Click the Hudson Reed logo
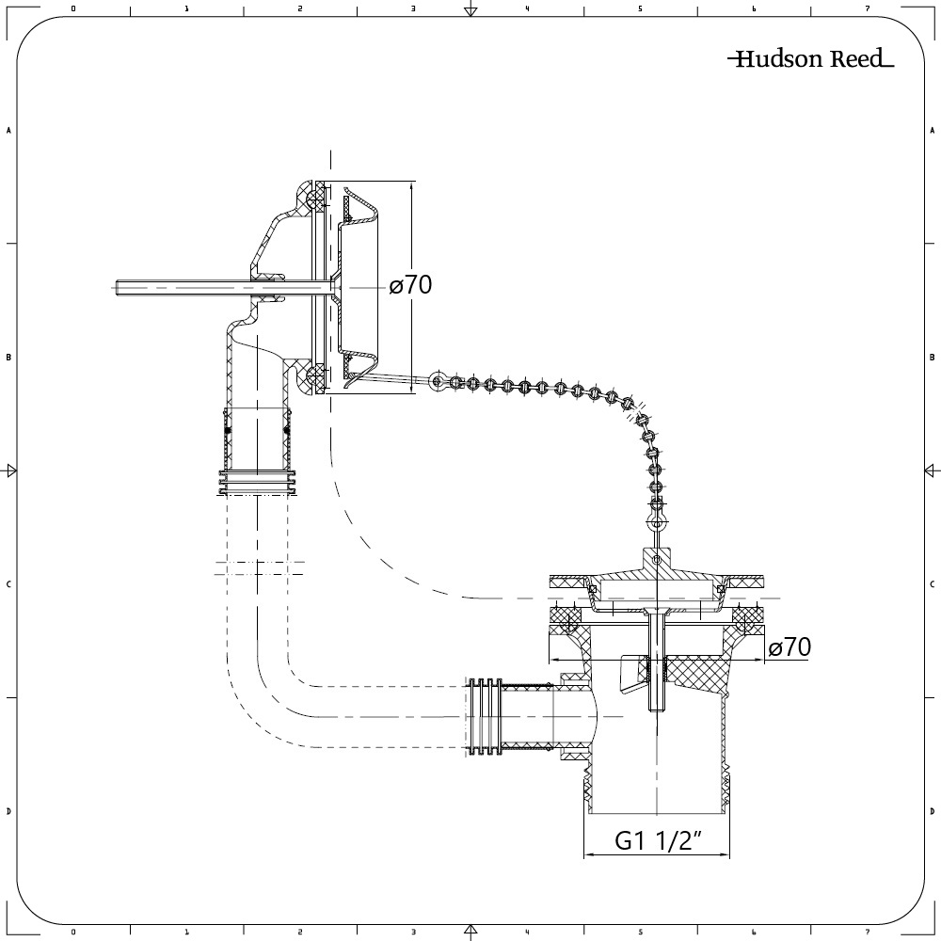(811, 58)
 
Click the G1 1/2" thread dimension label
(659, 840)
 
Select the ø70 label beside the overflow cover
(410, 285)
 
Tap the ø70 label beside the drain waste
(789, 647)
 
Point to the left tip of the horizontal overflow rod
(113, 288)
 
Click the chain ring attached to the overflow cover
(439, 381)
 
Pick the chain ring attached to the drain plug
(658, 522)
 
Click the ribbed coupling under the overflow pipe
(258, 483)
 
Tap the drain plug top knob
(658, 559)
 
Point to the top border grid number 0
(73, 9)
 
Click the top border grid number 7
(868, 9)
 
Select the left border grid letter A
(8, 130)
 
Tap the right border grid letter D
(932, 811)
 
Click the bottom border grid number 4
(527, 932)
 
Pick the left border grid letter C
(8, 584)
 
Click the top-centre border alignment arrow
(471, 8)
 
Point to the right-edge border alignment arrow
(932, 470)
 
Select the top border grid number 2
(300, 9)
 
